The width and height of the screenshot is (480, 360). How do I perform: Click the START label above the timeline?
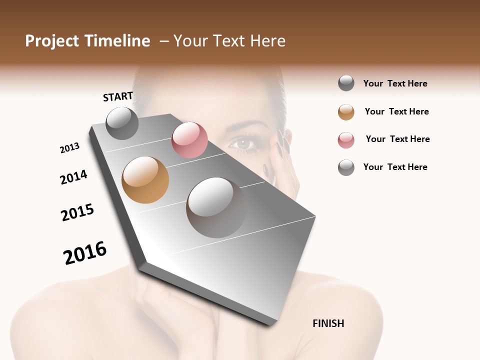point(118,96)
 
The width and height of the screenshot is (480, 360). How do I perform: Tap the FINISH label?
point(328,323)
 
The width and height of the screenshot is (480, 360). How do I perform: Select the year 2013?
point(69,148)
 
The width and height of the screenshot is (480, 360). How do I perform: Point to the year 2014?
point(73,177)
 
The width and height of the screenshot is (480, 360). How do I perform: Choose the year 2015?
point(77,212)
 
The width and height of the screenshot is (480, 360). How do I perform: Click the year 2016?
point(85,252)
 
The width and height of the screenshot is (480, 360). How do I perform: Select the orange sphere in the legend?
point(346,112)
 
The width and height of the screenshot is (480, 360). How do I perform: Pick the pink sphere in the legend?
point(346,140)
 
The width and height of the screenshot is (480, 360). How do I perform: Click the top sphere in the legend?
point(346,83)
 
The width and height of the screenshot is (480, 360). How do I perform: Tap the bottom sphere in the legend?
point(346,167)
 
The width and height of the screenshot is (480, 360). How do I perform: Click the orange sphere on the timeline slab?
point(145,180)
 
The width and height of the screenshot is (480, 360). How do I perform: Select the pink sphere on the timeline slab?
point(189,140)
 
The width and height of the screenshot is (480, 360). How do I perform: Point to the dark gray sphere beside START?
point(122,123)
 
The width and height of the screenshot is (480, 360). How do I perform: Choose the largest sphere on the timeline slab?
point(216,207)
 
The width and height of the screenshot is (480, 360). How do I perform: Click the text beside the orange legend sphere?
point(396,111)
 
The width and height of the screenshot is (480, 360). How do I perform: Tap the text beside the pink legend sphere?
point(397,139)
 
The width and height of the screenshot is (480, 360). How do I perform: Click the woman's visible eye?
point(244,143)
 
